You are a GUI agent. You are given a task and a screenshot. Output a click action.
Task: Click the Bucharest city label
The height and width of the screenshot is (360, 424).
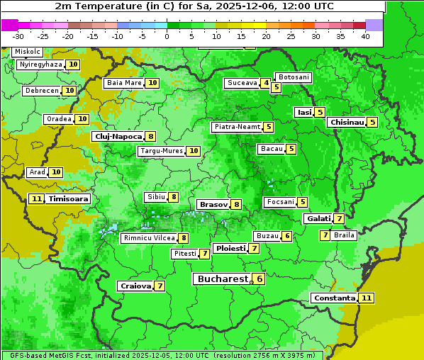(223, 279)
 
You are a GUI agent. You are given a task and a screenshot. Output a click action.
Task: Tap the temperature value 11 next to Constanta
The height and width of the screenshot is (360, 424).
(366, 298)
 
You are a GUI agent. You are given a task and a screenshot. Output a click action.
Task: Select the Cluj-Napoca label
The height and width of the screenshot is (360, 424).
(118, 136)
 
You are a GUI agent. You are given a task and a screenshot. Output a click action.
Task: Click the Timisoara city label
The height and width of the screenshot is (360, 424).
(69, 199)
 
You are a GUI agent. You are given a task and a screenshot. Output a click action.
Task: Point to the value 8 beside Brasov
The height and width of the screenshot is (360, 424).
(236, 204)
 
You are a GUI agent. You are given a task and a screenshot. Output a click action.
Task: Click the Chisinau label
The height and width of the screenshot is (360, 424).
(347, 122)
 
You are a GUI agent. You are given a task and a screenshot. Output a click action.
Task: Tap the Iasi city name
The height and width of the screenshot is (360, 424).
(303, 112)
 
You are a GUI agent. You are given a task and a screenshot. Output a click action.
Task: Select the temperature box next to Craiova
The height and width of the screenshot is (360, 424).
(160, 286)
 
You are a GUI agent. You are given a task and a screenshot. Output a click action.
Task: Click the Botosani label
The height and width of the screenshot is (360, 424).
(293, 77)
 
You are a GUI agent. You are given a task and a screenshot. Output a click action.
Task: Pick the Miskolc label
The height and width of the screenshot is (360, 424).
(27, 52)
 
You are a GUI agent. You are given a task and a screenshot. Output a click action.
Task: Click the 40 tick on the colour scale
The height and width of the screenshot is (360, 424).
(365, 36)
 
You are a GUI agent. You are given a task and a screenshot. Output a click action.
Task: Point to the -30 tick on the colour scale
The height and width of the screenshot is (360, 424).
(18, 36)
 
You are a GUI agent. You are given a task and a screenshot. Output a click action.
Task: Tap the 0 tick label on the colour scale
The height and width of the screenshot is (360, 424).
(167, 36)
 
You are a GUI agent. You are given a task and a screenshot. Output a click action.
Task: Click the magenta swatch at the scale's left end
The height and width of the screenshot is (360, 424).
(9, 25)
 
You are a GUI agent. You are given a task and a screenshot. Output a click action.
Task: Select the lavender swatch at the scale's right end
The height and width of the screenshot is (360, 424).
(374, 25)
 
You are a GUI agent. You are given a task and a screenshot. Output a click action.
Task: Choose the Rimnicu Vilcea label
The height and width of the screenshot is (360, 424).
(148, 238)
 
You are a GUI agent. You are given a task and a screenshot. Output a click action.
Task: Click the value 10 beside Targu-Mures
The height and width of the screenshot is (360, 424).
(193, 151)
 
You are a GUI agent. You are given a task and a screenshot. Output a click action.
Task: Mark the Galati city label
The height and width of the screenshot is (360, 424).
(318, 218)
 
